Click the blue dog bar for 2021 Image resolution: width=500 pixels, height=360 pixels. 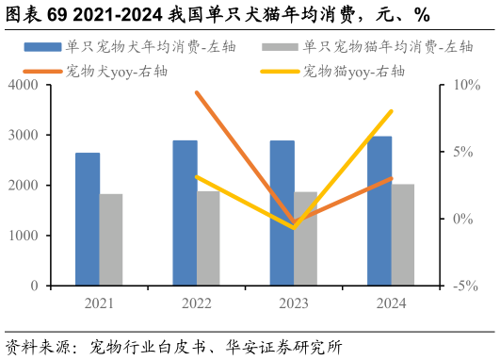coord(88,219)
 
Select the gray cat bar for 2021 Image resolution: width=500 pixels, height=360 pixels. coord(111,239)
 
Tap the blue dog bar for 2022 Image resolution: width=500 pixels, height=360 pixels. coord(185,213)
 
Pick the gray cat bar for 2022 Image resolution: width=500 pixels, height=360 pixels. coord(208,238)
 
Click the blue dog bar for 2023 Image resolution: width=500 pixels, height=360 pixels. coord(282,213)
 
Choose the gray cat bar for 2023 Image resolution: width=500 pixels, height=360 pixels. coord(306,238)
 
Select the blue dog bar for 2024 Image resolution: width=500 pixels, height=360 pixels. coord(379,211)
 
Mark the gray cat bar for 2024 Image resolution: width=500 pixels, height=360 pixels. coord(403,235)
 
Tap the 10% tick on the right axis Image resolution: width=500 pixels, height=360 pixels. coord(466,85)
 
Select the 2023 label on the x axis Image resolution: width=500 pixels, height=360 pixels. coord(294,303)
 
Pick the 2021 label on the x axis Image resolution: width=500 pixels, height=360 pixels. coord(99,303)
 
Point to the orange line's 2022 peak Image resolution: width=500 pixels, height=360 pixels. coord(197,92)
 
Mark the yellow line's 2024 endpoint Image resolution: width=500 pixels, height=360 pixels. coord(391,111)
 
